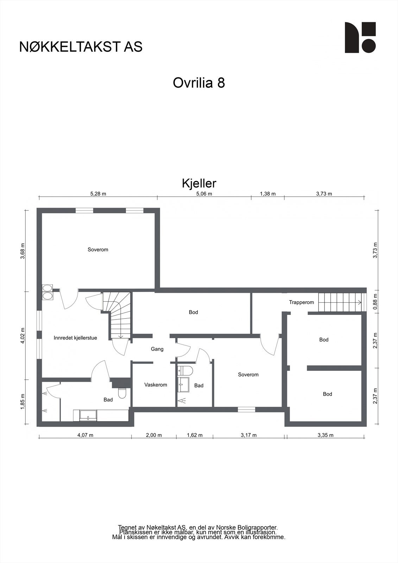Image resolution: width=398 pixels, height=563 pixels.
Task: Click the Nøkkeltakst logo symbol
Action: [360, 38]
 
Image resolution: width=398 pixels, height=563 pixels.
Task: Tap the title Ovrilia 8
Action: [199, 83]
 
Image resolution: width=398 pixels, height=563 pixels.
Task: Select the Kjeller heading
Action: [199, 183]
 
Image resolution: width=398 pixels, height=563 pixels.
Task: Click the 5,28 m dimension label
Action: [98, 194]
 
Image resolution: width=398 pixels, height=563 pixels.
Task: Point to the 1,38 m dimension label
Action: [267, 194]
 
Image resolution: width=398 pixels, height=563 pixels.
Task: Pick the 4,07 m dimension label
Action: [85, 435]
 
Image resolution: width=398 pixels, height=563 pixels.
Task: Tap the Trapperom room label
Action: [301, 302]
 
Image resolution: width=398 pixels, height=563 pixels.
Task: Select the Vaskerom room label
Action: [156, 385]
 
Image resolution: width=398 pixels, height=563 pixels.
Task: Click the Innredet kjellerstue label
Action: [75, 338]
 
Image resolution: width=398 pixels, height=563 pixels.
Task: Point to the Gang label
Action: [157, 349]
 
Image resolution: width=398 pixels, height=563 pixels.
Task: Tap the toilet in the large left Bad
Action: [122, 393]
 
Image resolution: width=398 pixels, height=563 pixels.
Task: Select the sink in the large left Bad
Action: [86, 415]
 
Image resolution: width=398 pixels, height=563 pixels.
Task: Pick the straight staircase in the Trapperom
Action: [340, 302]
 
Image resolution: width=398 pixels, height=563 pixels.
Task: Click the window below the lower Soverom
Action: [246, 409]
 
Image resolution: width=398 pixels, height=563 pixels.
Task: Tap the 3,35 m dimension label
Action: [325, 435]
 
